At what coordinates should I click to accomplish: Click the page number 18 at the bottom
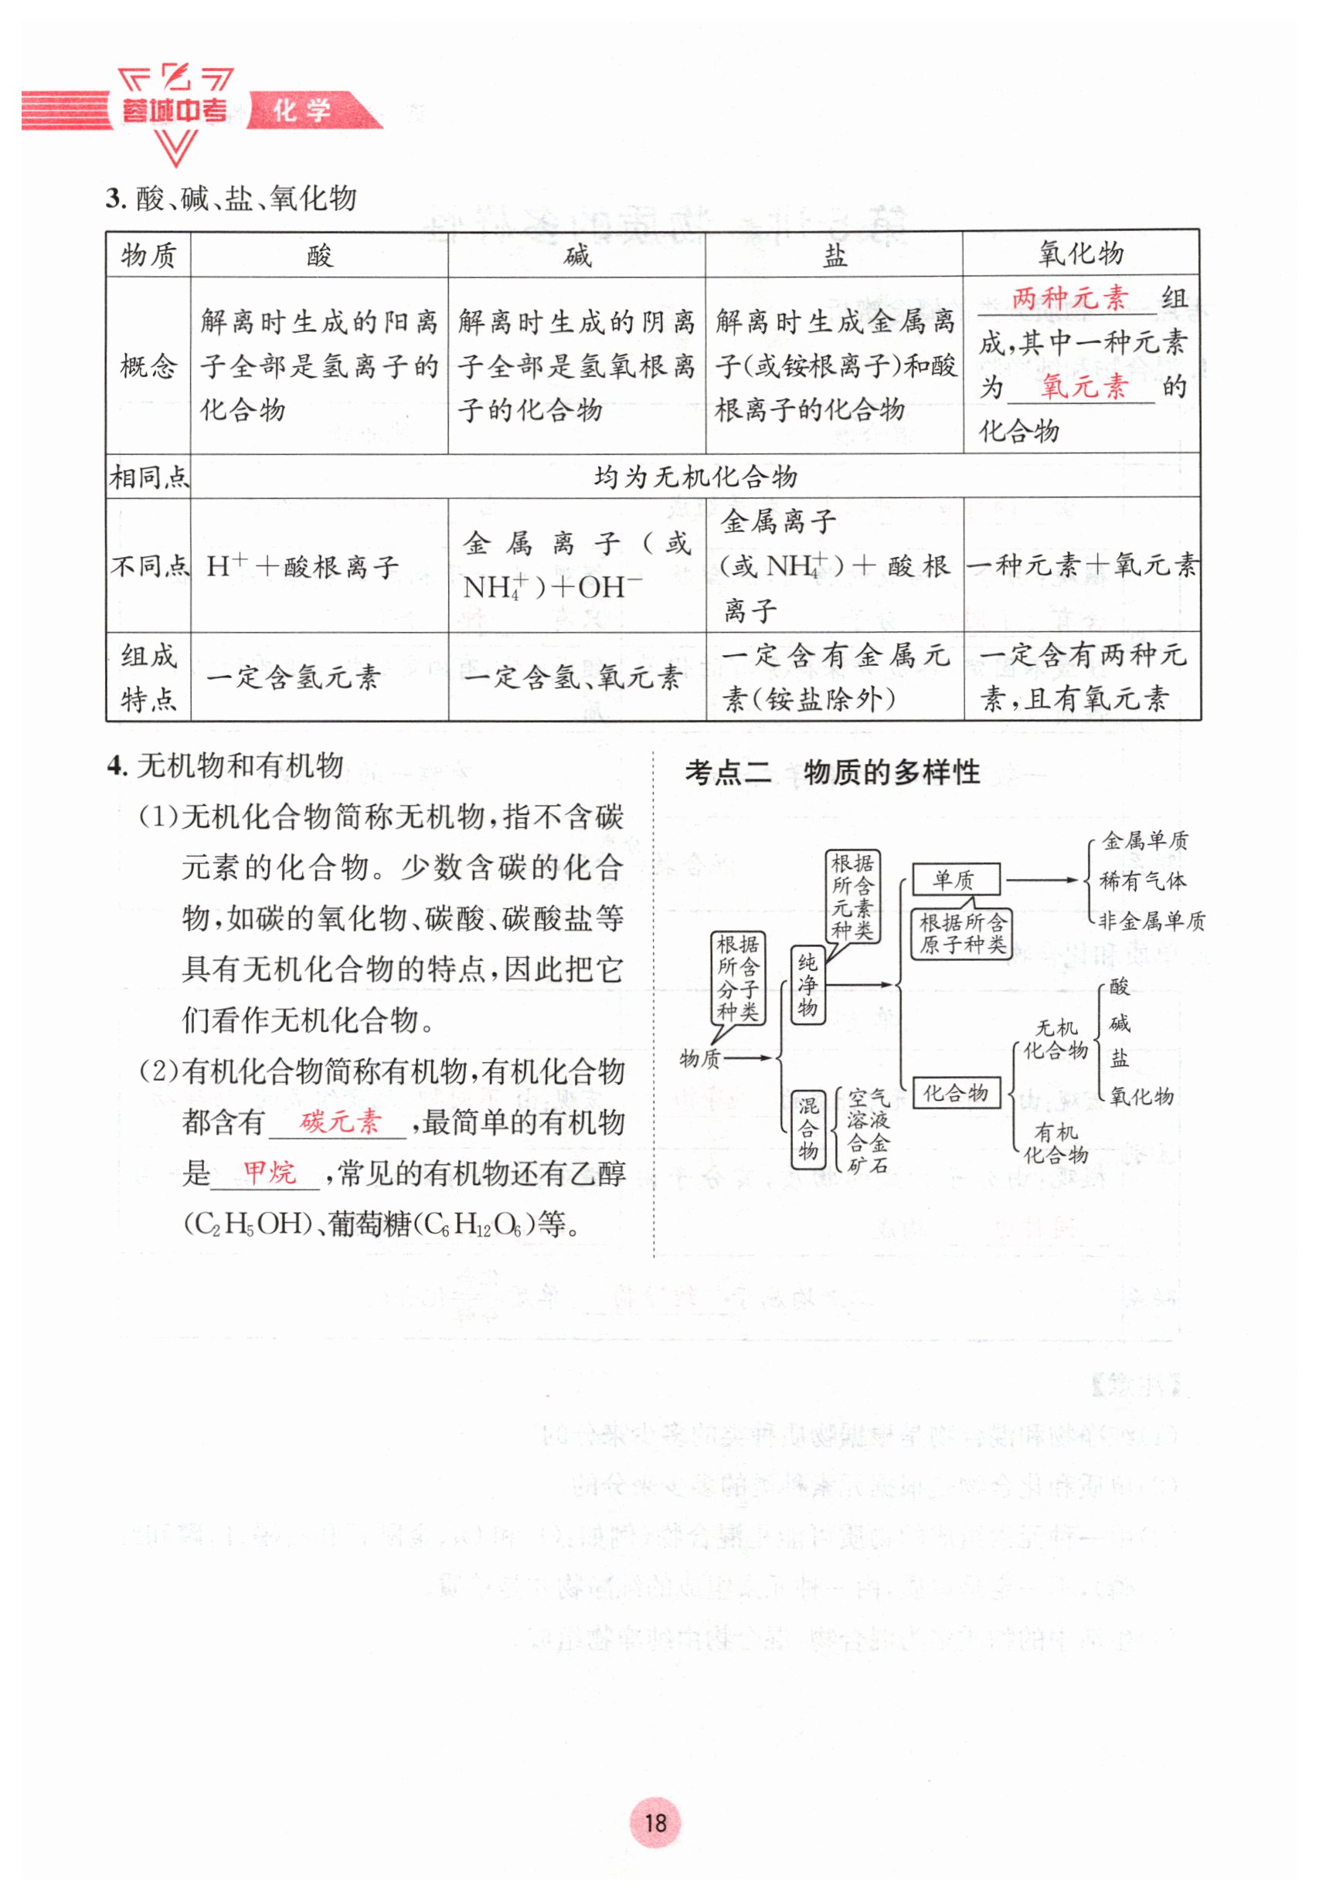coord(654,1821)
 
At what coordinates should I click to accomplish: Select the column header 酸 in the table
coord(319,254)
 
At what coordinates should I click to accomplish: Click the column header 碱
coord(577,254)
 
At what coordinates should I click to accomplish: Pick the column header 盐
coord(834,254)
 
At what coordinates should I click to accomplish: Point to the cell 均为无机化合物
coord(695,476)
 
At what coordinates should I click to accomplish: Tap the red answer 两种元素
coord(1069,297)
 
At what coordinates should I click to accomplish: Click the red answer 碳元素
coord(340,1121)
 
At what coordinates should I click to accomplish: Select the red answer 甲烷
coord(269,1172)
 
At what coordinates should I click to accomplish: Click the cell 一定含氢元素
coord(294,677)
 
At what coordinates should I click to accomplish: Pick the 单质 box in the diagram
coord(955,880)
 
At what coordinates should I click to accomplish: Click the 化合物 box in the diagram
coord(955,1093)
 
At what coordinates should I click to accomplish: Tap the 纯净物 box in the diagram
coord(807,985)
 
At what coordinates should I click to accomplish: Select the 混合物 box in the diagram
coord(807,1129)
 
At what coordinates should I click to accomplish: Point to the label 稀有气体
coord(1142,881)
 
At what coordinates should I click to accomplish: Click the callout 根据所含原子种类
coord(962,934)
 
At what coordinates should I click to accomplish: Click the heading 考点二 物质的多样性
coord(831,772)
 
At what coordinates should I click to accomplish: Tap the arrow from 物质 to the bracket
coord(748,1057)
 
